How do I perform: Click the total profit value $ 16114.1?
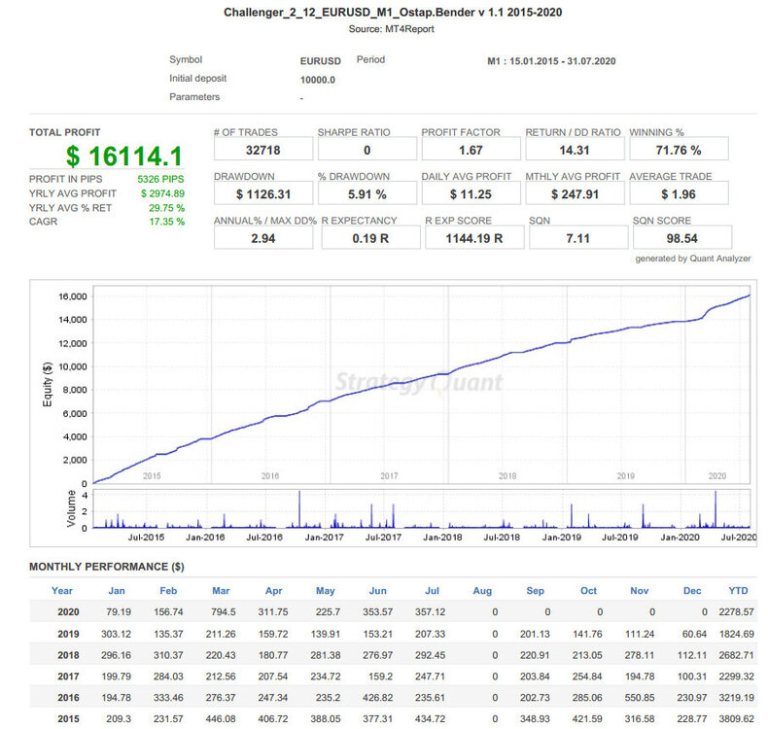click(x=124, y=156)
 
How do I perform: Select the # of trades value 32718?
click(x=263, y=151)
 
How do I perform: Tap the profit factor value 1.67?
click(x=471, y=151)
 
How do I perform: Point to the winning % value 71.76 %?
click(x=679, y=151)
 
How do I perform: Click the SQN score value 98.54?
click(x=681, y=238)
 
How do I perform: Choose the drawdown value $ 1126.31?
click(x=263, y=194)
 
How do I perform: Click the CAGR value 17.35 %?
click(x=166, y=222)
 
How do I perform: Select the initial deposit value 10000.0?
click(x=317, y=80)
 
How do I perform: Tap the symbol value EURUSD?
click(x=321, y=61)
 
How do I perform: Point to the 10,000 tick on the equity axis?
click(x=73, y=366)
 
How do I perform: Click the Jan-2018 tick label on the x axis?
click(x=442, y=538)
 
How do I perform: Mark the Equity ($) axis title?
click(x=48, y=384)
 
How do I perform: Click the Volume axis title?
click(x=71, y=508)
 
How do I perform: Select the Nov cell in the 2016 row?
click(x=639, y=697)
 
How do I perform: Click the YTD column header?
click(x=738, y=590)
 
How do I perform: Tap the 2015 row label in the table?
click(x=68, y=718)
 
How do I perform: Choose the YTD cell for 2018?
click(x=736, y=655)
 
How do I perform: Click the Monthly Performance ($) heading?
click(x=107, y=567)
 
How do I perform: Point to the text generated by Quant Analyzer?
click(x=692, y=259)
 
